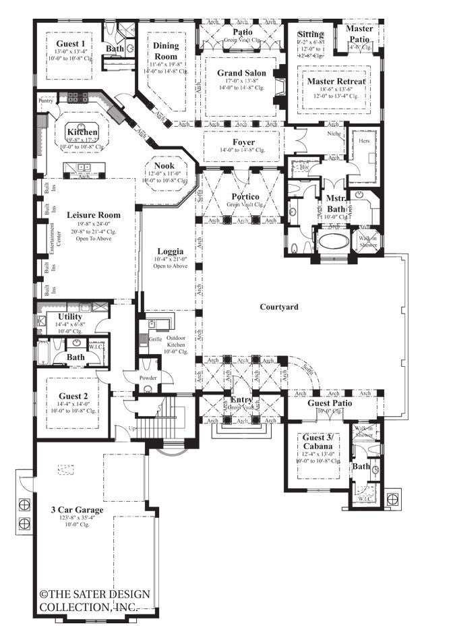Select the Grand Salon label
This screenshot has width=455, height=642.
[x=241, y=73]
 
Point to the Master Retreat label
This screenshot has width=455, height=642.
[x=336, y=82]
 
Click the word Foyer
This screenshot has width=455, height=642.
[x=243, y=142]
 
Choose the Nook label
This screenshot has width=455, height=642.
[x=164, y=165]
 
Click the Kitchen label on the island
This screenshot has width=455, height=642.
[x=82, y=132]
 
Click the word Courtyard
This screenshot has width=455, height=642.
[x=279, y=307]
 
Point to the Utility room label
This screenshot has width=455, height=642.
[x=70, y=316]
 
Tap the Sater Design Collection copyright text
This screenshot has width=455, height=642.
[x=94, y=600]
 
